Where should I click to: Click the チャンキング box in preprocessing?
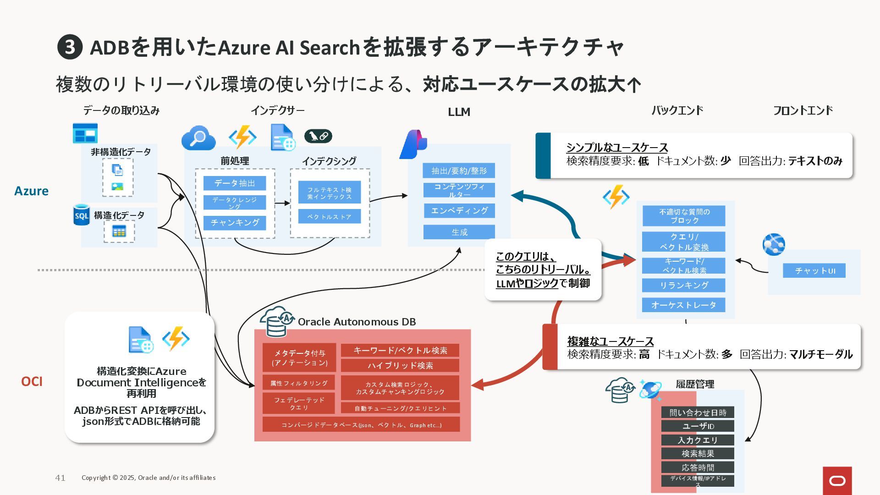pyautogui.click(x=235, y=223)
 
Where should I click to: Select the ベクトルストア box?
pyautogui.click(x=329, y=217)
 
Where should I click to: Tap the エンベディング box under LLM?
pyautogui.click(x=459, y=211)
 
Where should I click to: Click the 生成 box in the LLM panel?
pyautogui.click(x=459, y=232)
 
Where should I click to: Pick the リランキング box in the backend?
pyautogui.click(x=683, y=285)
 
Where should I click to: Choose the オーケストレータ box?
pyautogui.click(x=683, y=305)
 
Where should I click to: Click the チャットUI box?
pyautogui.click(x=814, y=271)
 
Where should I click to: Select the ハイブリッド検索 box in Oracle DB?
pyautogui.click(x=400, y=365)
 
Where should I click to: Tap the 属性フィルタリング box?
pyautogui.click(x=298, y=383)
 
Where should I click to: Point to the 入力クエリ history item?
pyautogui.click(x=697, y=440)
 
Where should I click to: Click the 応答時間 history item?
pyautogui.click(x=697, y=467)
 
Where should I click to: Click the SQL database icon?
pyautogui.click(x=82, y=215)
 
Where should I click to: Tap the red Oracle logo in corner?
pyautogui.click(x=837, y=480)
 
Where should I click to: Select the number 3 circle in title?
pyautogui.click(x=70, y=47)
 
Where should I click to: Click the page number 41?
pyautogui.click(x=60, y=478)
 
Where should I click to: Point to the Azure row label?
pyautogui.click(x=31, y=191)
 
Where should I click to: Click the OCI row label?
pyautogui.click(x=32, y=381)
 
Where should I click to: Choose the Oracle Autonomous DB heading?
pyautogui.click(x=357, y=322)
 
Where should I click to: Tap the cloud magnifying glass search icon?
pyautogui.click(x=198, y=138)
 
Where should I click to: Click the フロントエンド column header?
pyautogui.click(x=803, y=110)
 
